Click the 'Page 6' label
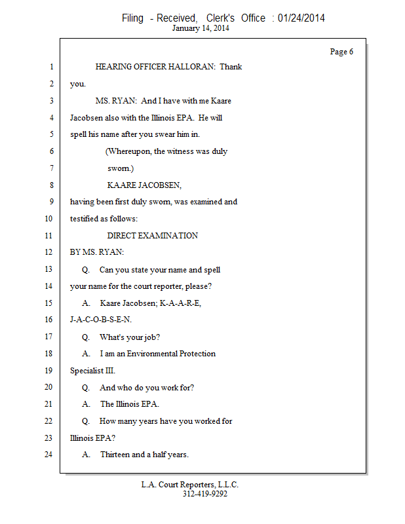(341, 52)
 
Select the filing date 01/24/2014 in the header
(301, 18)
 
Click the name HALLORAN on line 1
(195, 67)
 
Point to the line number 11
(48, 236)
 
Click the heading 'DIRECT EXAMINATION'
(152, 236)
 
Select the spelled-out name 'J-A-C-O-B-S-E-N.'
(101, 320)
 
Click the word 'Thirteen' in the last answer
(115, 455)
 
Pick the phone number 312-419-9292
(204, 494)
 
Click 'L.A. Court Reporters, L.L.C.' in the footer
(190, 485)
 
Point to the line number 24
(48, 455)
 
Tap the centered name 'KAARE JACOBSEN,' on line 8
(144, 185)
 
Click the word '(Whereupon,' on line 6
(126, 151)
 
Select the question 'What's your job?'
(130, 337)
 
